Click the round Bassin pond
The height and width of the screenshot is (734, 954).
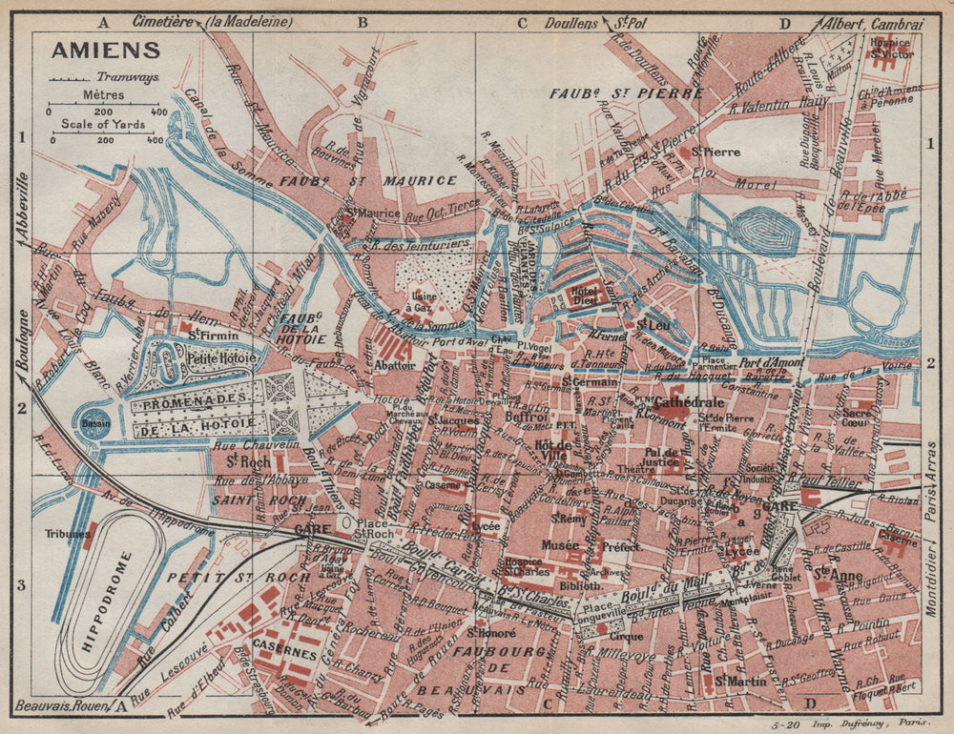click(96, 422)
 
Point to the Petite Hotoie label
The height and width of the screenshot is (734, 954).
click(221, 359)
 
